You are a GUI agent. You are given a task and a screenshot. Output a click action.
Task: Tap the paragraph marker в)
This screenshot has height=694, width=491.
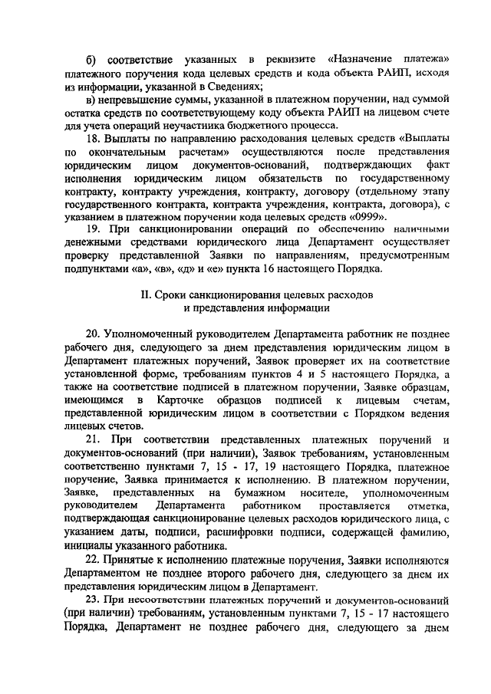(90, 99)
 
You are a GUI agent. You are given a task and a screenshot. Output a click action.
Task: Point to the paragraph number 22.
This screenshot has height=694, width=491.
(93, 561)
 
